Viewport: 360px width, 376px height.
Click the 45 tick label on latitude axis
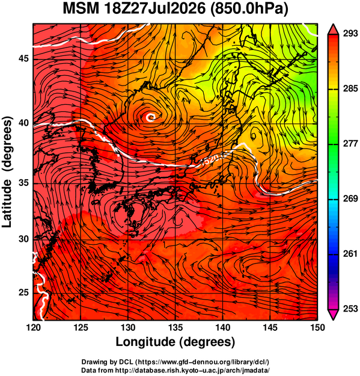coord(23,58)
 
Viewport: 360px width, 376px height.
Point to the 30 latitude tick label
coord(23,239)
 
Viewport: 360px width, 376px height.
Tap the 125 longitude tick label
coord(81,327)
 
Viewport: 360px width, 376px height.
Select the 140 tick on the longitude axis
coord(223,327)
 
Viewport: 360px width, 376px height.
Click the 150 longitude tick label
coord(317,327)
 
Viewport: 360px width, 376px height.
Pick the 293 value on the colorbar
coord(350,34)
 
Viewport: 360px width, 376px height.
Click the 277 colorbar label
coord(350,144)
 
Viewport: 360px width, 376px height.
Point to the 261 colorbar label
coord(350,254)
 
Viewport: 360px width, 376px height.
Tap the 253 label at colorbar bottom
coord(350,309)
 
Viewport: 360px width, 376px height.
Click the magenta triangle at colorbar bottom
coord(333,315)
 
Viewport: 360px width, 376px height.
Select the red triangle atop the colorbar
coord(333,29)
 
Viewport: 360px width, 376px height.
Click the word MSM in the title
coord(81,8)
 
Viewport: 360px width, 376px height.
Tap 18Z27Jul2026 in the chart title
coord(154,8)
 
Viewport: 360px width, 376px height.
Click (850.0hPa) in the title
coord(249,9)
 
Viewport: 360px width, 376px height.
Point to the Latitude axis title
coord(7,204)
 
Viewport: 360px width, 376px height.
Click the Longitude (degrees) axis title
coord(175,342)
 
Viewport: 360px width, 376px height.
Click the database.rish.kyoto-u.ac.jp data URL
coord(192,370)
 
